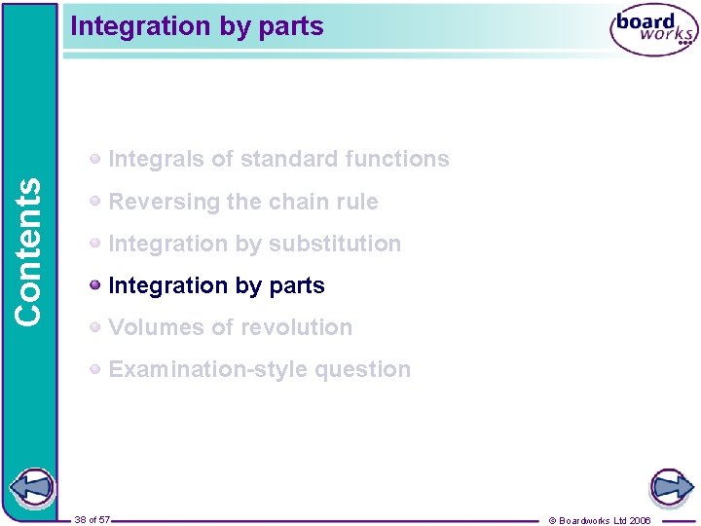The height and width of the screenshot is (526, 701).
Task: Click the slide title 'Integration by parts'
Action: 197,26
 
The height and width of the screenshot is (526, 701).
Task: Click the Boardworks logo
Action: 653,31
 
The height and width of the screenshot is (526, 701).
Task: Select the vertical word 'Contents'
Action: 29,251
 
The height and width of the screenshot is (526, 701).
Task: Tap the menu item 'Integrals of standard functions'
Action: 278,159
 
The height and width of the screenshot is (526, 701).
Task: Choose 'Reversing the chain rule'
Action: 243,202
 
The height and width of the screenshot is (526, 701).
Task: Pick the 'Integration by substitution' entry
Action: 255,244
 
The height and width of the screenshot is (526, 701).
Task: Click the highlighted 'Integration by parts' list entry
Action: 216,285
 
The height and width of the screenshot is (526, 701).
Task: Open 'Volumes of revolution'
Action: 231,327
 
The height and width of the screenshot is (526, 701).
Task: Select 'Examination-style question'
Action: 260,369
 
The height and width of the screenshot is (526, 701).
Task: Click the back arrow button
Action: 30,488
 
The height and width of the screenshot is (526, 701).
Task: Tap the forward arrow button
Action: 671,486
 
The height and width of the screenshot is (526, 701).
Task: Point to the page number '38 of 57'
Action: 92,519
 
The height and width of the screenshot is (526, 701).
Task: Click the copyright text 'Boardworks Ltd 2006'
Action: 605,520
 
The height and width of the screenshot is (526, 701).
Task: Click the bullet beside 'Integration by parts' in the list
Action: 95,285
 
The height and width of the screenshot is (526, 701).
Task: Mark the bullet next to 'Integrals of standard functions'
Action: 95,159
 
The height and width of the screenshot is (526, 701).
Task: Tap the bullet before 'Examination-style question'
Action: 95,369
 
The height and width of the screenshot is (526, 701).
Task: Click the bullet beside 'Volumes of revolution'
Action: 95,327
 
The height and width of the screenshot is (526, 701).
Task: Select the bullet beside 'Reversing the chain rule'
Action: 95,202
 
